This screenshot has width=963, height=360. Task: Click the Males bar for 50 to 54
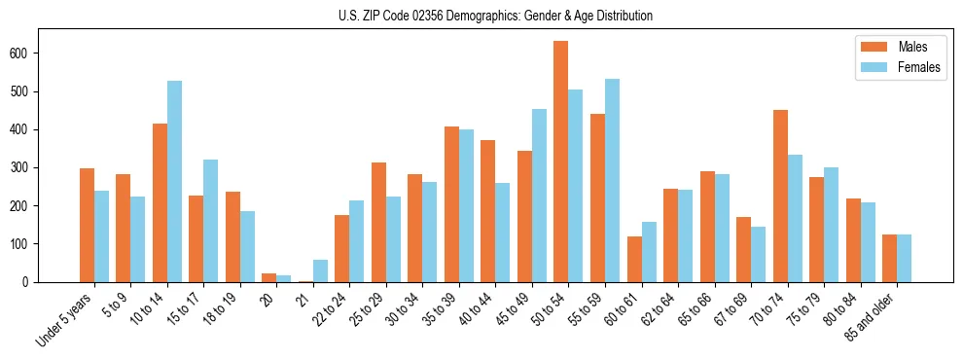(x=561, y=162)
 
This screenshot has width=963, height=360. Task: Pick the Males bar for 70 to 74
(x=780, y=196)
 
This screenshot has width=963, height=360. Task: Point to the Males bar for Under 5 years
(x=87, y=225)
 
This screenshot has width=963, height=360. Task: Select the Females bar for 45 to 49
(x=539, y=196)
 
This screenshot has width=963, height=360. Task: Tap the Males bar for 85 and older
(x=889, y=258)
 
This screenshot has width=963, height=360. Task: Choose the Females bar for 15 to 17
(x=211, y=221)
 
